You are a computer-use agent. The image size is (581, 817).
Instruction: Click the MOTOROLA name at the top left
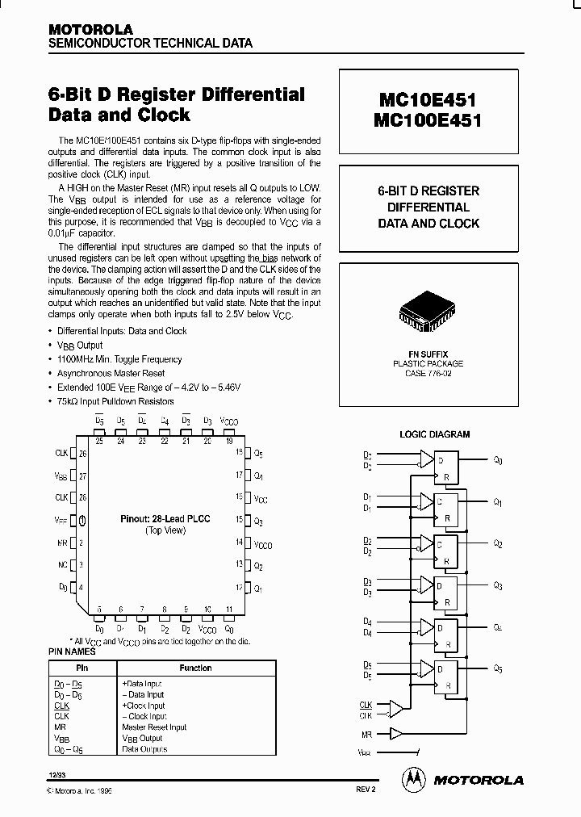click(90, 29)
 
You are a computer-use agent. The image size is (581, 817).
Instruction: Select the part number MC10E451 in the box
click(428, 101)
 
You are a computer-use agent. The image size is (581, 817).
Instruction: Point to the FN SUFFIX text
click(428, 354)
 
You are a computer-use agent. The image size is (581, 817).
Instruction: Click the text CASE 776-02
click(428, 373)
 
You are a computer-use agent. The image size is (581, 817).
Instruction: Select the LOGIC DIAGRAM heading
click(434, 434)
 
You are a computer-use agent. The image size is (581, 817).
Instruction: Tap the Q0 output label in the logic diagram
click(498, 461)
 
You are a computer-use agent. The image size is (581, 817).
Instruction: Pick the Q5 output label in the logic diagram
click(498, 668)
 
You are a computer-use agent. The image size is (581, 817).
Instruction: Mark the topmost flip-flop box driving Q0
click(445, 469)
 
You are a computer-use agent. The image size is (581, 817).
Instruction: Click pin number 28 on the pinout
click(82, 497)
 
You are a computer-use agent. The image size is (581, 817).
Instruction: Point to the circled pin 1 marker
click(82, 520)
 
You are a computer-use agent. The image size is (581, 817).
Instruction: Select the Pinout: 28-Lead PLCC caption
click(165, 518)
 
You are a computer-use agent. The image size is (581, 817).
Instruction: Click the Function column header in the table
click(195, 668)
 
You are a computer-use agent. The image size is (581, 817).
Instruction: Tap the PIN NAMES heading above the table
click(72, 652)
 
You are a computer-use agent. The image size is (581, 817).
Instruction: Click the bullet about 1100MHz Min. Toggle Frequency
click(119, 359)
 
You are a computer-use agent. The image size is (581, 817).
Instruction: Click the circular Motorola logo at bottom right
click(413, 779)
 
